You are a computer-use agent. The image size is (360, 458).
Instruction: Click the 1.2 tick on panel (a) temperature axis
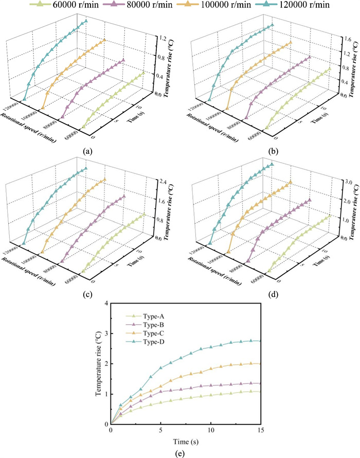click(161, 39)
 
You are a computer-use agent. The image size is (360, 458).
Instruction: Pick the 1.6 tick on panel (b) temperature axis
click(347, 39)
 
